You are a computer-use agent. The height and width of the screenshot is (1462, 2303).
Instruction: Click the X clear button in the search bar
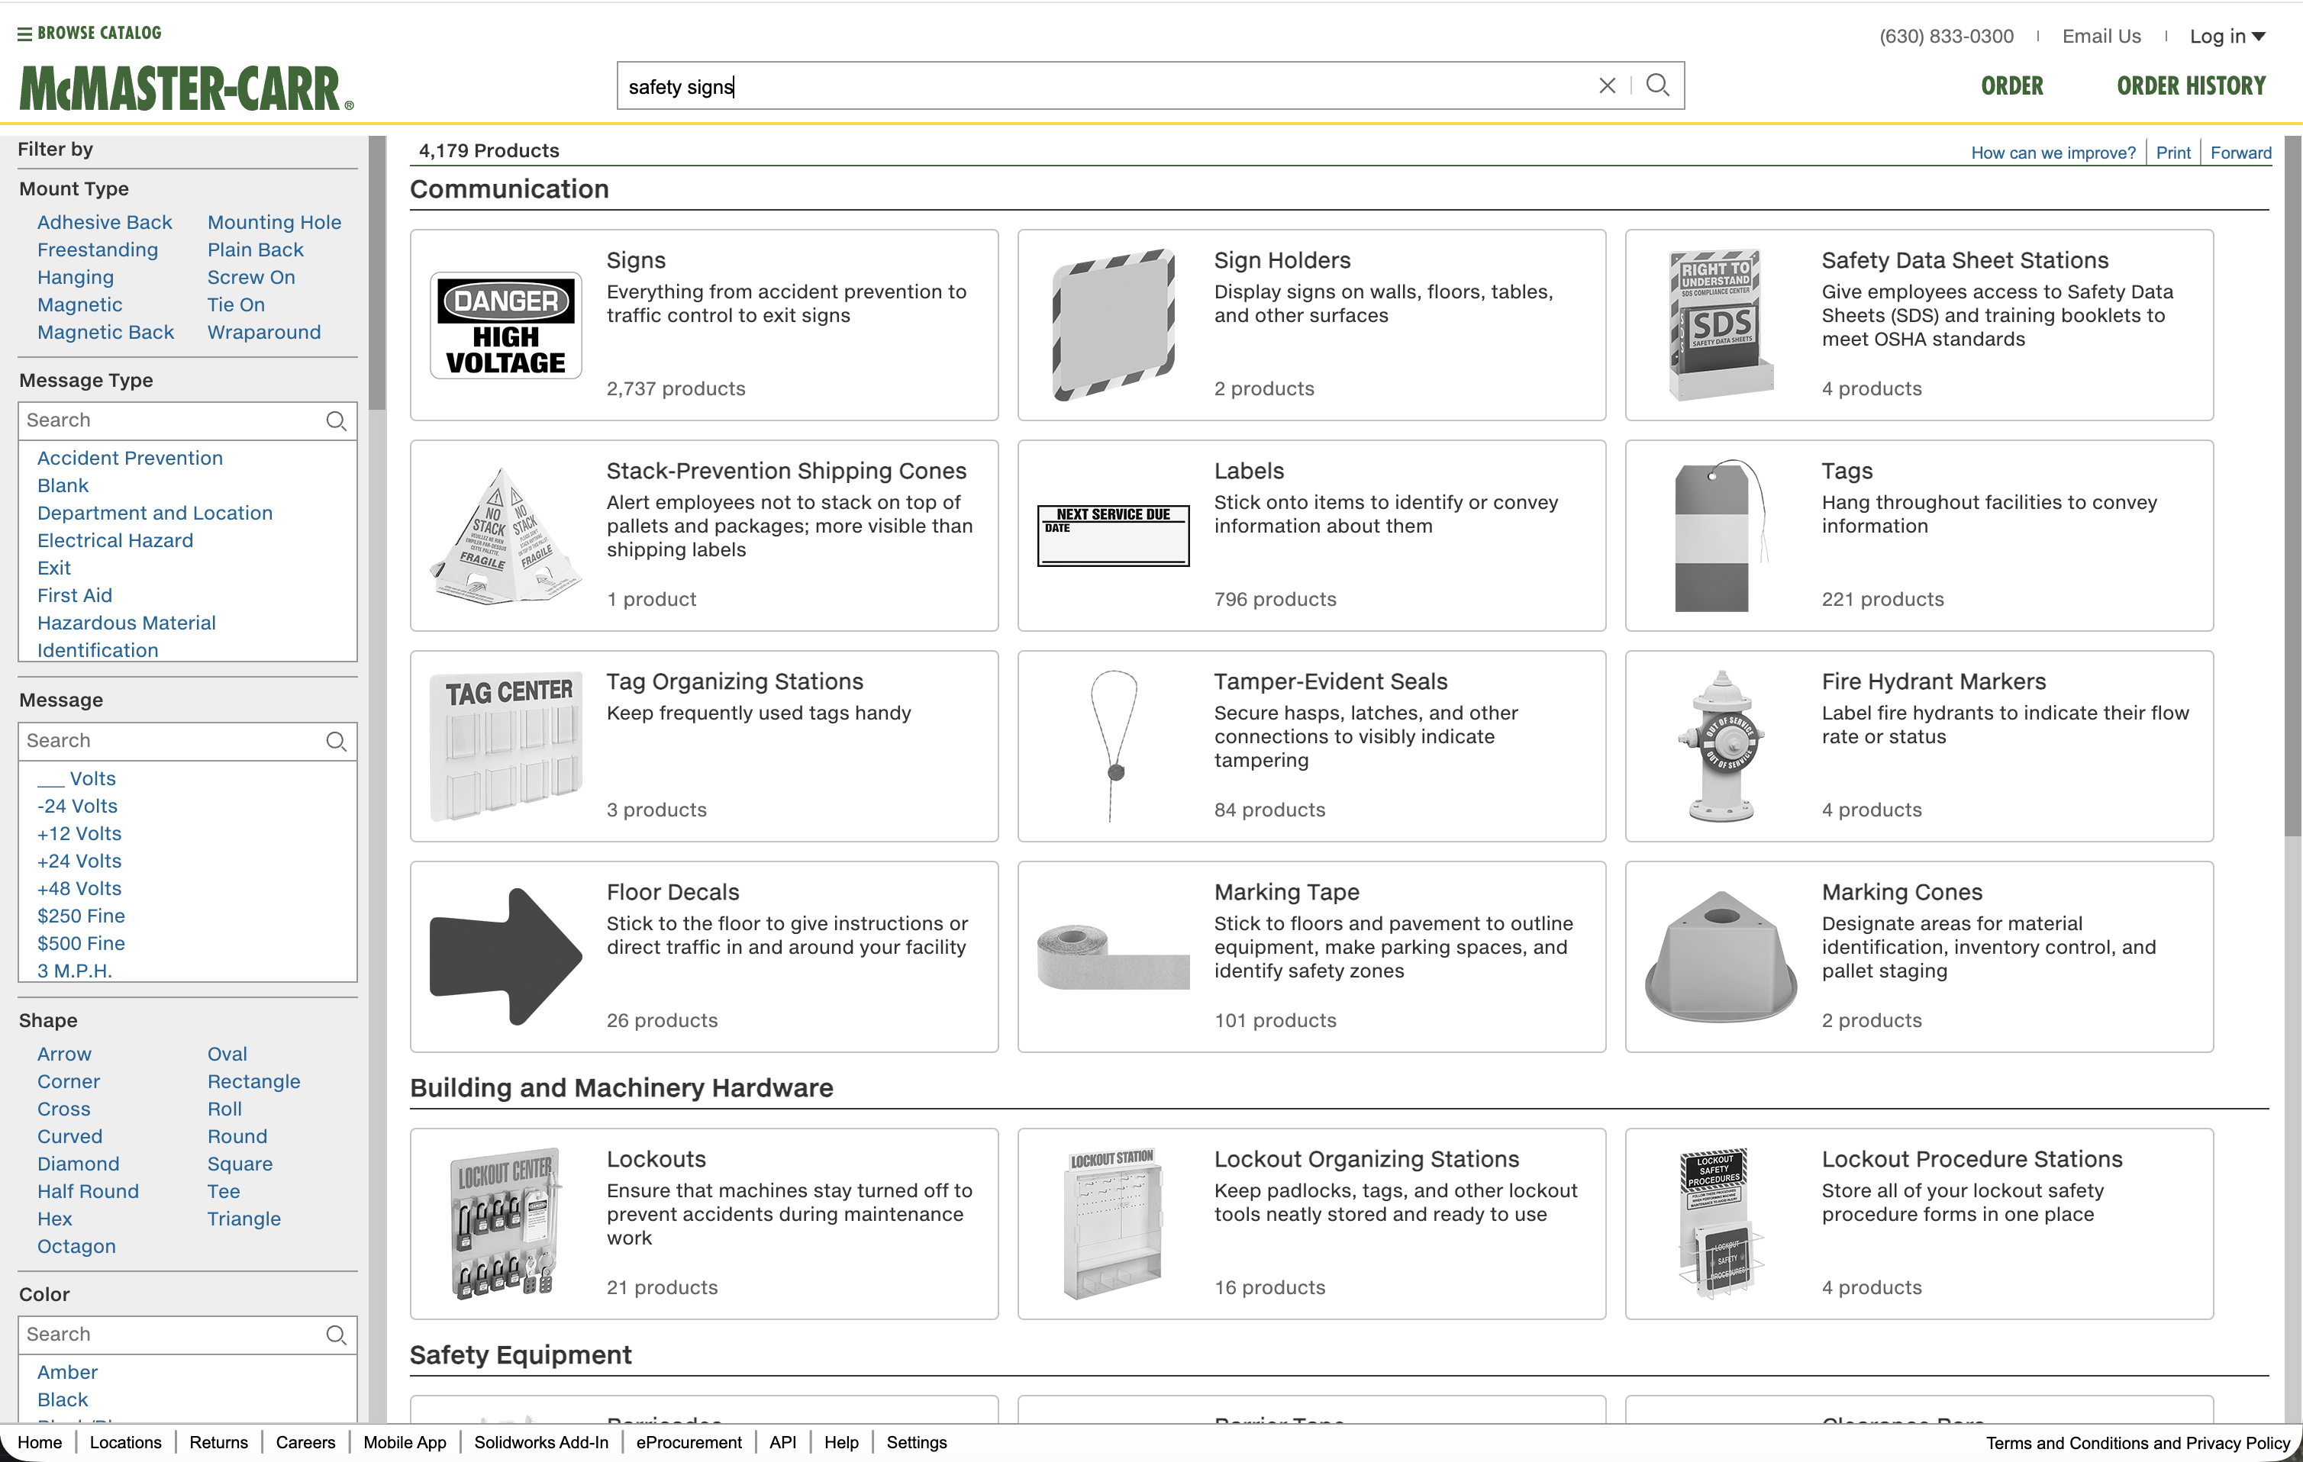coord(1607,86)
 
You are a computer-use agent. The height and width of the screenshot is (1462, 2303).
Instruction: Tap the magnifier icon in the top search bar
coord(1657,86)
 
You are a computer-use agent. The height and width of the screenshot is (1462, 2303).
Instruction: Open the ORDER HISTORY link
coord(2190,86)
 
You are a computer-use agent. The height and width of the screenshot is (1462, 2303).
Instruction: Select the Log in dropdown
coord(2227,37)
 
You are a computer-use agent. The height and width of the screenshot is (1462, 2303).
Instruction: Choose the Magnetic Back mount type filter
coord(105,332)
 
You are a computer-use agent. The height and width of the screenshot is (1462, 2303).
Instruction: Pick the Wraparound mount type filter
coord(264,332)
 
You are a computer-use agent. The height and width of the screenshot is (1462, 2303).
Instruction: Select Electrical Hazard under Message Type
coord(115,540)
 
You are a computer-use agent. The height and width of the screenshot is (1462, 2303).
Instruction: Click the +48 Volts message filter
coord(79,888)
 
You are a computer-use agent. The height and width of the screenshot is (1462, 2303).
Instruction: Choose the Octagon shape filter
coord(76,1246)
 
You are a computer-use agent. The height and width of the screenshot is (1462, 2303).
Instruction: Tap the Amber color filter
coord(68,1372)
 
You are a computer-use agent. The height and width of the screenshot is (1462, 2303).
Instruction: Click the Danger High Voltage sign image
coord(506,326)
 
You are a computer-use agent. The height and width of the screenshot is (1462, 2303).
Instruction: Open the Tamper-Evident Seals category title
coord(1331,681)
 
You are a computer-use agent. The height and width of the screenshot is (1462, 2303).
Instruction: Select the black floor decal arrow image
coord(506,956)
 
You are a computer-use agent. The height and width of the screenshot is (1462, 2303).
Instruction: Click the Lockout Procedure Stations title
coord(1971,1159)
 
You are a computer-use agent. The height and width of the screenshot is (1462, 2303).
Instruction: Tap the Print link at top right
coord(2173,153)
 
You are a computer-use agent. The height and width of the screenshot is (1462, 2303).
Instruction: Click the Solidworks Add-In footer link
coord(541,1442)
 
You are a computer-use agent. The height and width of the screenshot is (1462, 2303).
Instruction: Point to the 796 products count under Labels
coord(1275,600)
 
